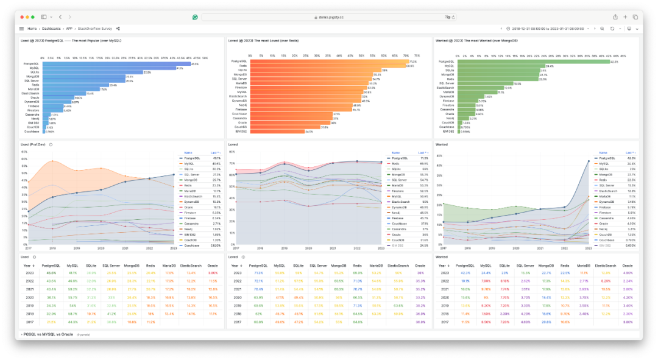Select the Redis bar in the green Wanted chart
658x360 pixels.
(499, 79)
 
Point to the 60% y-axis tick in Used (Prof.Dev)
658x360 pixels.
(24, 158)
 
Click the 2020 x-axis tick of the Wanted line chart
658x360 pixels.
(516, 248)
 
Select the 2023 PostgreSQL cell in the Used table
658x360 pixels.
(51, 274)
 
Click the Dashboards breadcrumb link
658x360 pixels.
(52, 29)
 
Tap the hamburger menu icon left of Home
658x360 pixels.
(21, 29)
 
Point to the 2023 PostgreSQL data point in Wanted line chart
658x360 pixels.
(589, 161)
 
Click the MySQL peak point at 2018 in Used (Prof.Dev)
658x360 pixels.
(52, 161)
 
